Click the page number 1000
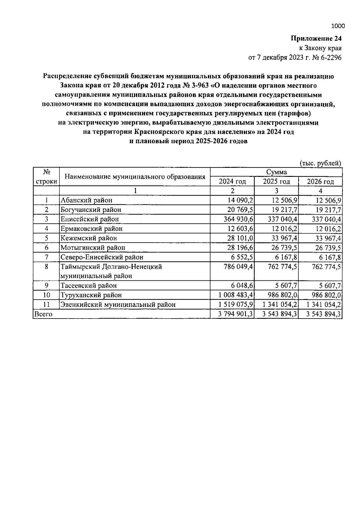click(x=338, y=26)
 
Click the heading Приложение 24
click(x=316, y=38)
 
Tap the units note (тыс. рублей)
click(x=321, y=163)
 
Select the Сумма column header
click(x=276, y=172)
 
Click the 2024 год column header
click(x=232, y=181)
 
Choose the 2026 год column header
click(x=320, y=181)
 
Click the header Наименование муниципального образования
click(x=135, y=177)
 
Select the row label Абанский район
click(x=86, y=200)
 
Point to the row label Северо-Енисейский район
click(x=102, y=257)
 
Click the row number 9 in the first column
click(x=46, y=286)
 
